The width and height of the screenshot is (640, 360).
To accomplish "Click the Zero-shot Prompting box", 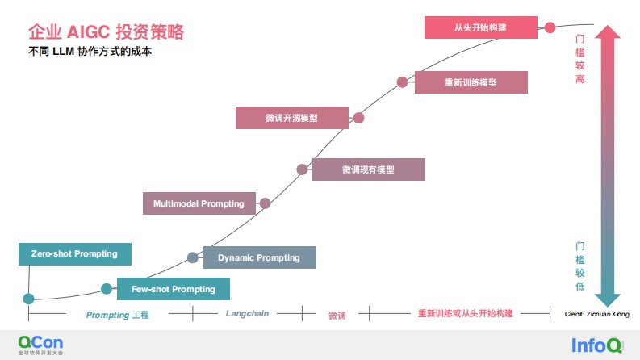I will pos(74,254).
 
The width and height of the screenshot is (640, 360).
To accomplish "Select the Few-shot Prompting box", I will pos(174,289).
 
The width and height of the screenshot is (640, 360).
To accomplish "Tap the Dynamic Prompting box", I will pos(259,257).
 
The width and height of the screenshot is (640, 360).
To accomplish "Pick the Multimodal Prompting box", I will pos(199,203).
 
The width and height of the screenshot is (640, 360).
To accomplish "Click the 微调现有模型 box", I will pos(368,170).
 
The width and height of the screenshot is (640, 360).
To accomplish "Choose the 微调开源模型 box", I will pos(291,118).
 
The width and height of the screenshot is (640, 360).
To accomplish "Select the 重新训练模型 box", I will pos(471,82).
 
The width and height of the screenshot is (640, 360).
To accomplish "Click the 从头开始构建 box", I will pos(481,27).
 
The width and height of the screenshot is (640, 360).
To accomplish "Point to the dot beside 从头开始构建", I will pos(550,27).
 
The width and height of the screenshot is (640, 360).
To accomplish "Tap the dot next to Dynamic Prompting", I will pos(193,257).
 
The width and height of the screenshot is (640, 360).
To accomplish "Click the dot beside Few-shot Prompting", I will pos(107,289).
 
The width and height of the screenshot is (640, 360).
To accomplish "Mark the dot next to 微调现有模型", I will pos(302,170).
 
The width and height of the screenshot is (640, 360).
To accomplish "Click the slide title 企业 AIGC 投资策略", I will pos(106,32).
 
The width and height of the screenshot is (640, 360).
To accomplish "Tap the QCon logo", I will pos(40,344).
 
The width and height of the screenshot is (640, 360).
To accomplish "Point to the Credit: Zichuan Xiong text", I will pos(598,314).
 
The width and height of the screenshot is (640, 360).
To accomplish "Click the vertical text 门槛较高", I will pos(579,60).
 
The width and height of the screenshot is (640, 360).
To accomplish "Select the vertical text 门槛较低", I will pos(579,267).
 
